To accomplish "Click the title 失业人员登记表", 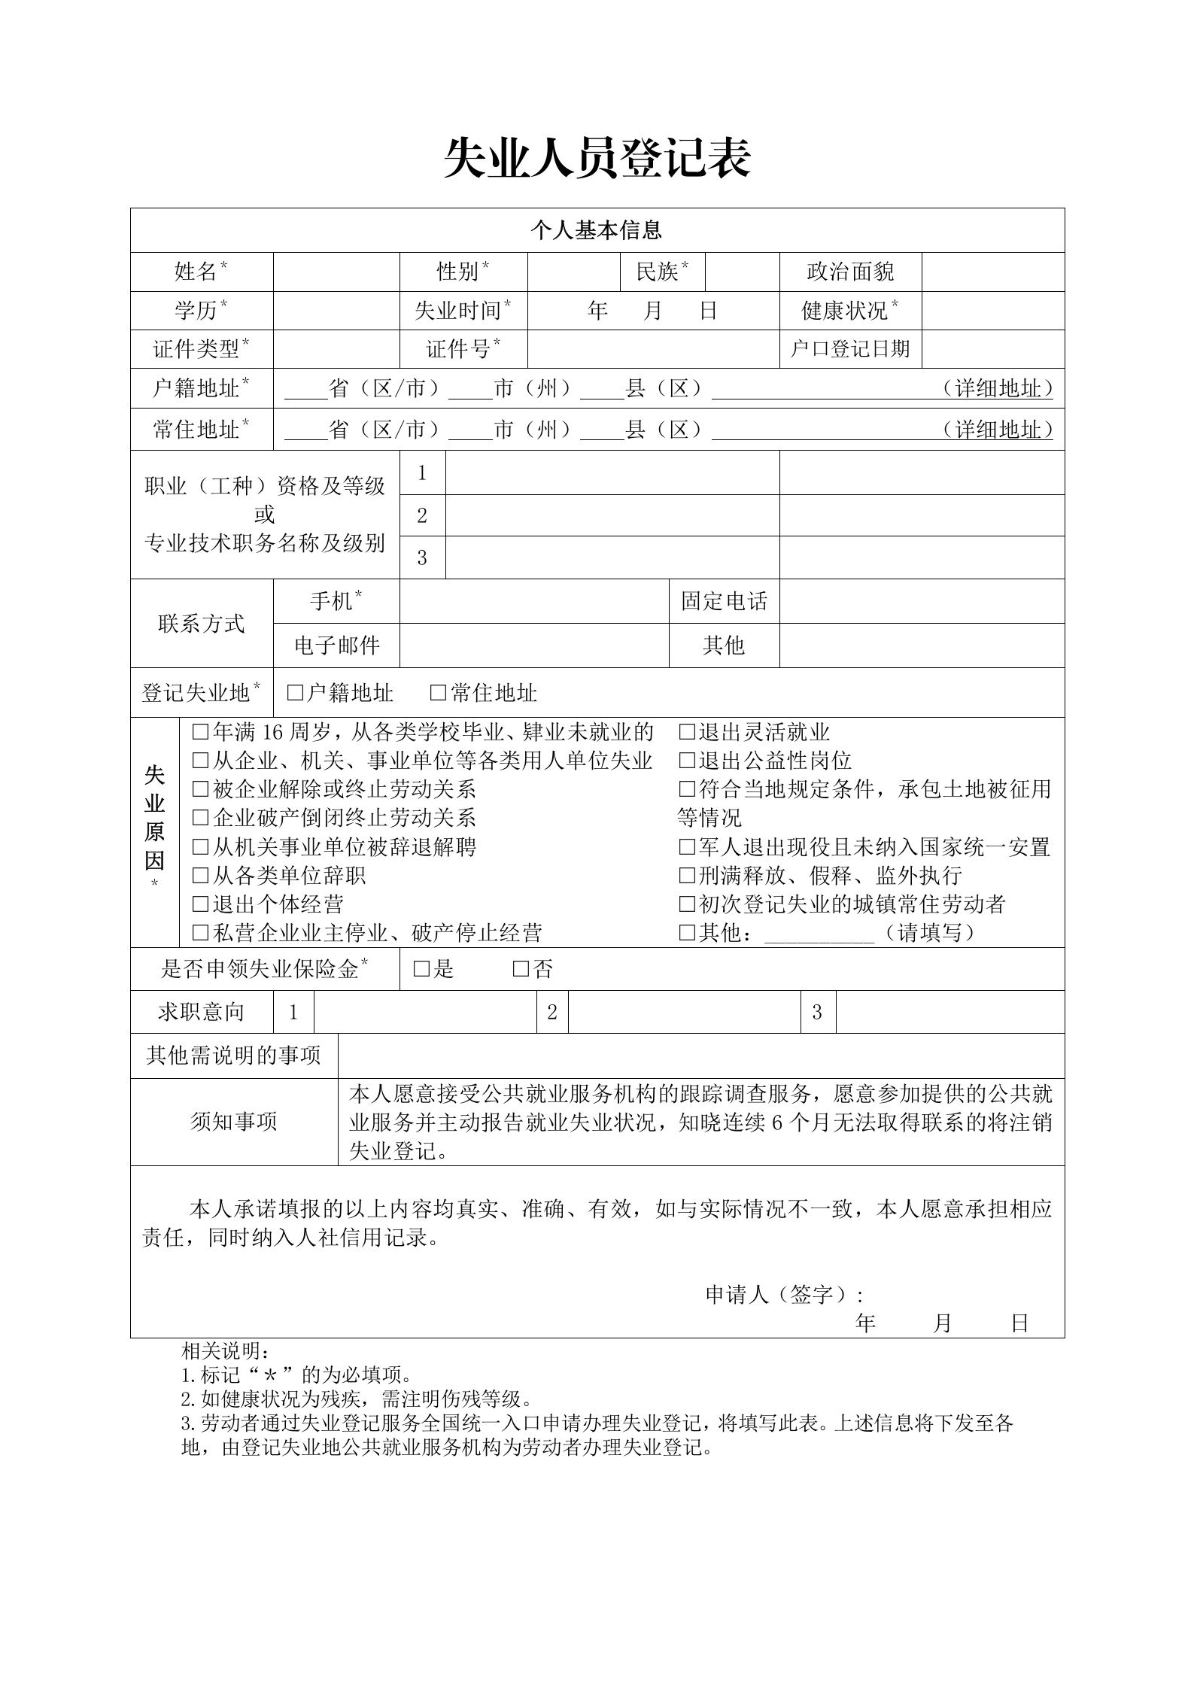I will [x=597, y=159].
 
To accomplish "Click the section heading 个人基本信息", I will [x=597, y=230].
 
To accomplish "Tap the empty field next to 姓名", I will [x=336, y=272].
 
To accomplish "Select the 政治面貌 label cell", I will [x=850, y=272].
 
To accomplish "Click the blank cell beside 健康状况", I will [x=992, y=310].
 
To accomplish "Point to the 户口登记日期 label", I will [x=850, y=349].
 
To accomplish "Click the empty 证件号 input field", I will [x=653, y=349].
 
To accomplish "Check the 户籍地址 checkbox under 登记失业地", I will [x=295, y=693].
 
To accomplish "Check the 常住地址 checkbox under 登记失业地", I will [x=438, y=693].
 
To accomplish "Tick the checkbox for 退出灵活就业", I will [x=686, y=732].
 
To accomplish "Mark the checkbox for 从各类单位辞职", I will [x=200, y=876].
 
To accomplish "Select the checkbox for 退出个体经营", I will [x=200, y=904].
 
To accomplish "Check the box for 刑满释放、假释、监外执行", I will [x=686, y=876].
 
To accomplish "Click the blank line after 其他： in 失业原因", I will [x=819, y=934].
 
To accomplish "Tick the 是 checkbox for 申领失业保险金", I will [x=421, y=969].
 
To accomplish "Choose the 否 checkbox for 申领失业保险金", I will [x=521, y=969].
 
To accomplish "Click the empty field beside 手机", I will [x=534, y=601].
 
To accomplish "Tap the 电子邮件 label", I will [x=336, y=645].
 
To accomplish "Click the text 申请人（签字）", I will [x=782, y=1295].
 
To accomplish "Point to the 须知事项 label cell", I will [x=234, y=1122].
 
